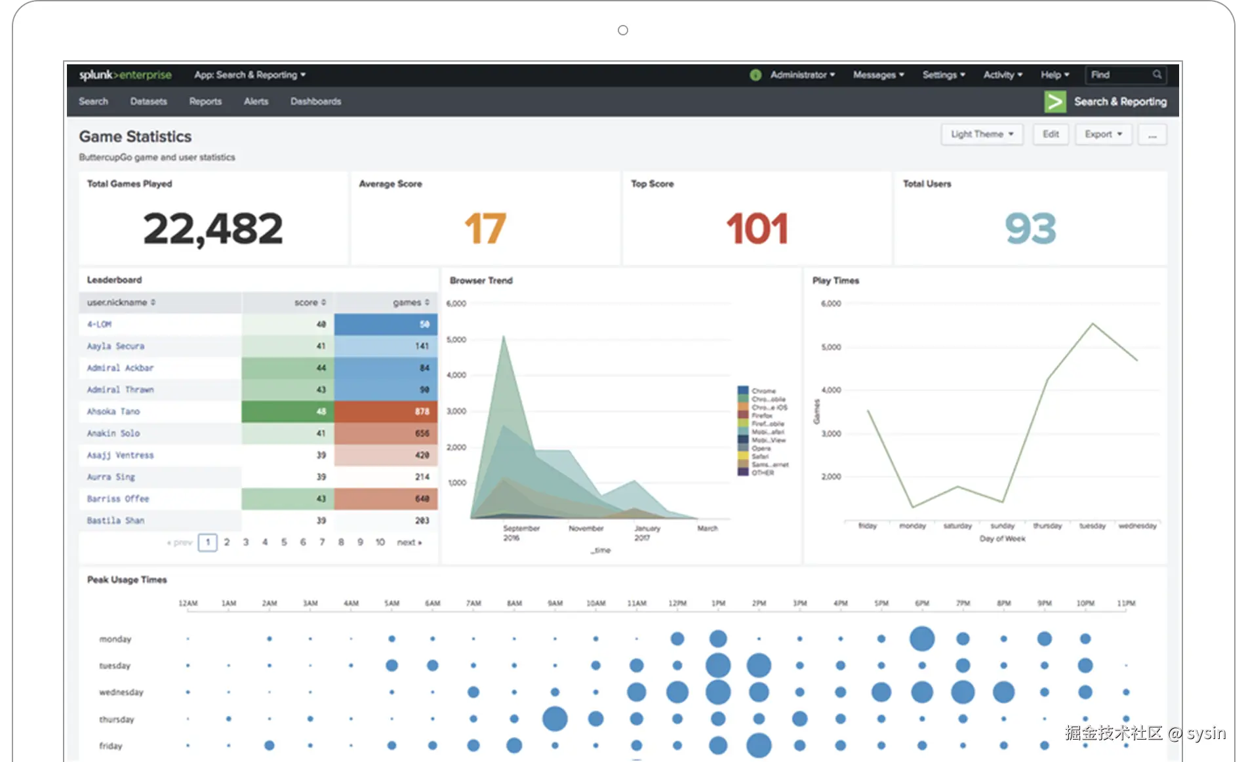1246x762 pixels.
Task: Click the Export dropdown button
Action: (x=1103, y=134)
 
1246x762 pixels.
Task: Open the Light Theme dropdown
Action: (x=982, y=134)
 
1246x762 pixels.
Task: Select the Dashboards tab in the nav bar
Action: (x=315, y=102)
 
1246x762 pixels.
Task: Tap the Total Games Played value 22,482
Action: (x=212, y=229)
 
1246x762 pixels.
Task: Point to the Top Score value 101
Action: (x=757, y=229)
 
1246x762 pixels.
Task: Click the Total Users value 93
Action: (x=1030, y=229)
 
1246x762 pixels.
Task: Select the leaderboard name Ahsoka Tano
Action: (x=113, y=412)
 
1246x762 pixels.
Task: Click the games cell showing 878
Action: (x=386, y=412)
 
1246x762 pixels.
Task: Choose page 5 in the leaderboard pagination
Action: (x=284, y=542)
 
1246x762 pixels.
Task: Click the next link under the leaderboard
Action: (x=409, y=542)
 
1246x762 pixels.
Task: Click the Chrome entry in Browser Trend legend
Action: (x=763, y=391)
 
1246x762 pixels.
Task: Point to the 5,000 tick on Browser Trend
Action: (x=456, y=340)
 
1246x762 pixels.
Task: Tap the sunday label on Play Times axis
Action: (x=1002, y=526)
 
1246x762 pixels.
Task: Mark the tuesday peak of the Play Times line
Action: (x=1093, y=323)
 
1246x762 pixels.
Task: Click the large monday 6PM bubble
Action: (x=922, y=639)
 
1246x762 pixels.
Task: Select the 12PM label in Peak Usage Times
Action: (x=677, y=603)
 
